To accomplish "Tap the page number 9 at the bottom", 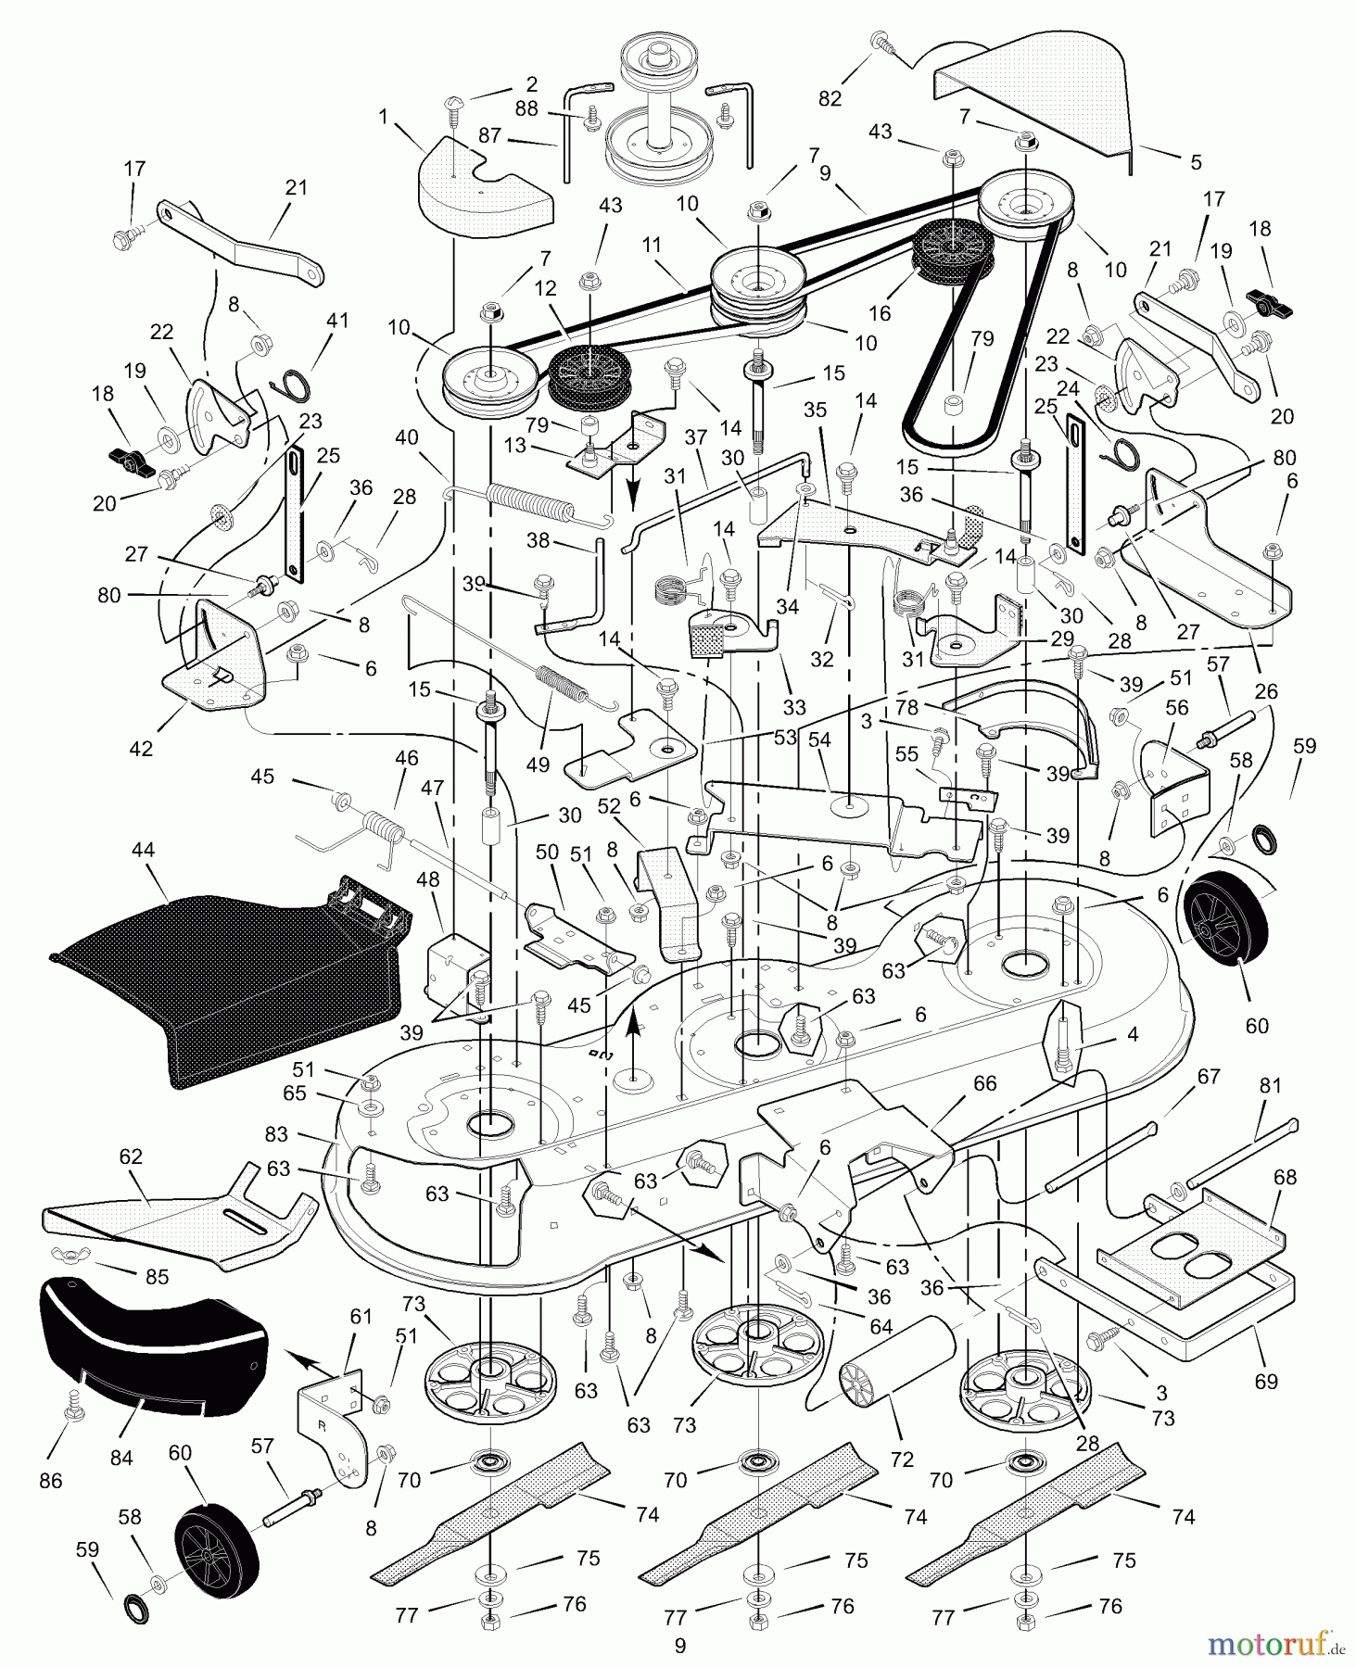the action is tap(679, 1646).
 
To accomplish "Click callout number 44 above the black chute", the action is tap(144, 850).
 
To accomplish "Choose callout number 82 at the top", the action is tap(830, 97).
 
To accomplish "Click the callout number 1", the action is tap(383, 118).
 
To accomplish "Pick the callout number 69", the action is tap(1265, 1382).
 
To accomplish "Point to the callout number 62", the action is tap(131, 1157).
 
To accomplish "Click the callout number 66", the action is tap(984, 1083).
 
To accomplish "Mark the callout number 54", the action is tap(819, 739).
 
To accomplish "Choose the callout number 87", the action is tap(489, 136).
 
